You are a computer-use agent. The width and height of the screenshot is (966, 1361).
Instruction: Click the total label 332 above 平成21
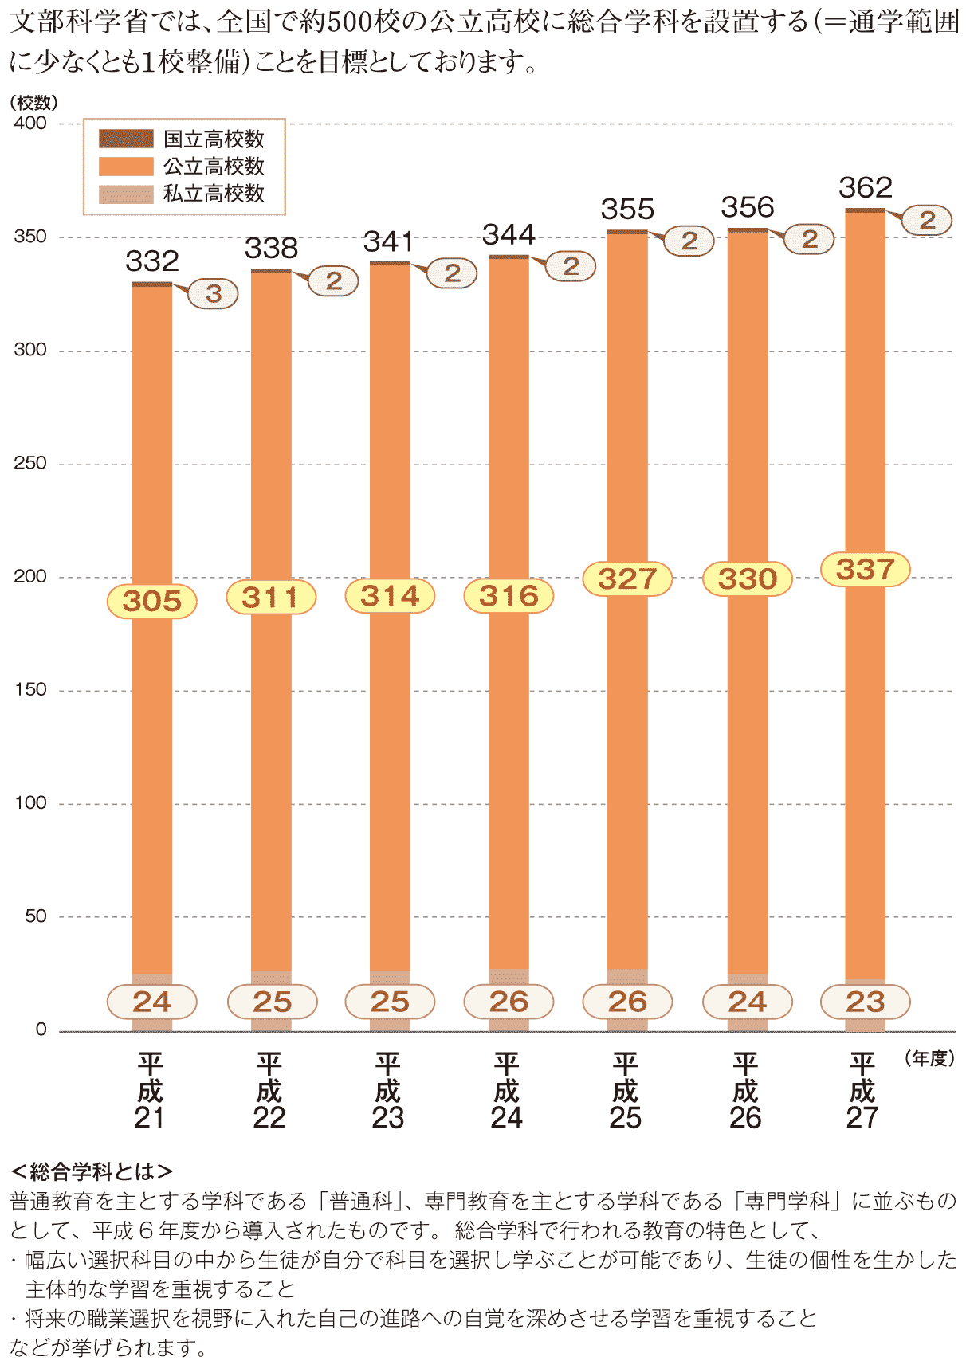point(152,261)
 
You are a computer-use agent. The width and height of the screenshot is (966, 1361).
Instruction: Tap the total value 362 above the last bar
point(866,188)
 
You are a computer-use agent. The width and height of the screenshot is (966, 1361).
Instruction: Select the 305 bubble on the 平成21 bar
point(152,601)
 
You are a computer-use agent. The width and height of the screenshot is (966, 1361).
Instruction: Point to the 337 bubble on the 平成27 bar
point(866,570)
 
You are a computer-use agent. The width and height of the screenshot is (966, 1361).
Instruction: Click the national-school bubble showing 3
point(214,294)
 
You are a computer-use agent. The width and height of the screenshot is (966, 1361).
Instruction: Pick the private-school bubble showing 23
point(866,1002)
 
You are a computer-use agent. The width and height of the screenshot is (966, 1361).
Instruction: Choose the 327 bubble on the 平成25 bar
point(628,579)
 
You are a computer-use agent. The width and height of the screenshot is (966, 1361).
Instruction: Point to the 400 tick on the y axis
point(30,124)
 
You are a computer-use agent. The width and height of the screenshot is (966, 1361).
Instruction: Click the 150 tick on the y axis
point(30,690)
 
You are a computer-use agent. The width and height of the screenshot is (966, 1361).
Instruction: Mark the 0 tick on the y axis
point(41,1030)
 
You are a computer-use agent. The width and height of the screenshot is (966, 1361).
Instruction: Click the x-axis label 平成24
point(507,1091)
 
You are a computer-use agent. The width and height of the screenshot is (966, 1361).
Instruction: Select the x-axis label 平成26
point(745,1091)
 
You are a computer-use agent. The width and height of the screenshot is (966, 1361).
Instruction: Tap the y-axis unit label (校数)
point(33,103)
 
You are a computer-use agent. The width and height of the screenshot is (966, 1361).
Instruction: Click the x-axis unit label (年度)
point(930,1059)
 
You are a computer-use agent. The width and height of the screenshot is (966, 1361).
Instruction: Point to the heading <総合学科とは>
point(92,1171)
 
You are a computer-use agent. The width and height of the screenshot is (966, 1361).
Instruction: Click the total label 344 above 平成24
point(509,235)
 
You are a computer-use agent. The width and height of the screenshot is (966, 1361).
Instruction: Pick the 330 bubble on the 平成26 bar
point(747,579)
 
